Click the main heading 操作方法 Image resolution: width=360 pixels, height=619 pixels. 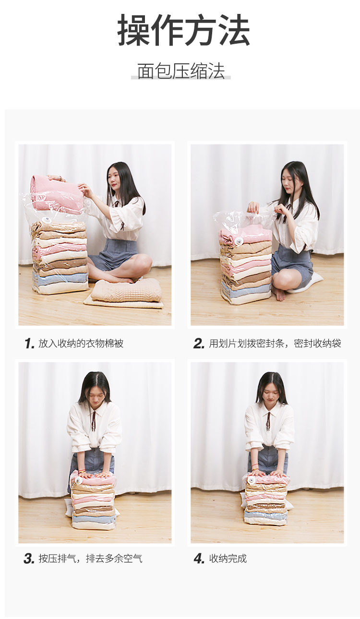183,30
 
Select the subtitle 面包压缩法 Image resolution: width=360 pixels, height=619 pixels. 181,71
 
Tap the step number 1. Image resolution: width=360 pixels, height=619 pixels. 29,344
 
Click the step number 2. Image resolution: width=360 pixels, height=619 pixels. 199,344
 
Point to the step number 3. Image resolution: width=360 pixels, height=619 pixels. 29,559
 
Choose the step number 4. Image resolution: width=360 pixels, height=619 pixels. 199,559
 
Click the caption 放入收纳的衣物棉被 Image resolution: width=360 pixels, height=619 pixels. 81,344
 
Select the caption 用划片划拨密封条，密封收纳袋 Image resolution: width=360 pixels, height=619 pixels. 275,344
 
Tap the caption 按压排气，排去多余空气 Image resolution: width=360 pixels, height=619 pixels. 90,559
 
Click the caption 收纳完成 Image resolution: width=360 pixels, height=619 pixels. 228,559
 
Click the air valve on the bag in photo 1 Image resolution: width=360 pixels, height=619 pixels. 46,220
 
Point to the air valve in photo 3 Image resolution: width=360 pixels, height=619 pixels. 78,480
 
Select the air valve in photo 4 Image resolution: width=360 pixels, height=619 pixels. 252,479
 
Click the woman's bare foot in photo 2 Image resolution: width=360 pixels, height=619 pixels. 280,295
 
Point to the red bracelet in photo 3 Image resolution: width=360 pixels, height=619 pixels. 82,472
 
